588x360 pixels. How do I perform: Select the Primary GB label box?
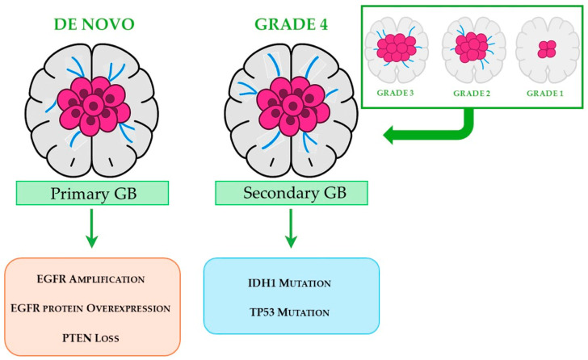[93, 193]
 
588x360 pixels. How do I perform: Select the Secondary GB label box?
[292, 193]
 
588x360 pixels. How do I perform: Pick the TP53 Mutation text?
[292, 311]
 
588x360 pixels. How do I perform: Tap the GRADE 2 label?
[472, 92]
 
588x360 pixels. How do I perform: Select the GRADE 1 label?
[547, 92]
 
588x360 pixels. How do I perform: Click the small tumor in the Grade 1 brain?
[547, 49]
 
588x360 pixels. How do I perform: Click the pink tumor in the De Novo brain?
[93, 104]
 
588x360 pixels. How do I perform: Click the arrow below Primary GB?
[93, 227]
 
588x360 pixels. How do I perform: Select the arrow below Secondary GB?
[292, 227]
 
